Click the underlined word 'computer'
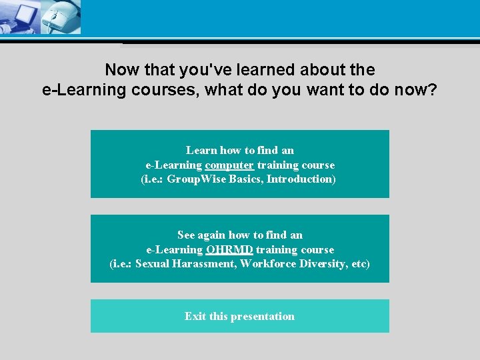pyautogui.click(x=229, y=165)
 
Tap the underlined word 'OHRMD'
pyautogui.click(x=229, y=249)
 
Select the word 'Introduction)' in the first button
pyautogui.click(x=301, y=179)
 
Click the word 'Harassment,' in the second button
pyautogui.click(x=204, y=263)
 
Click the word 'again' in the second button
pyautogui.click(x=211, y=235)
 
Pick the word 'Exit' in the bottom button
pyautogui.click(x=195, y=316)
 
